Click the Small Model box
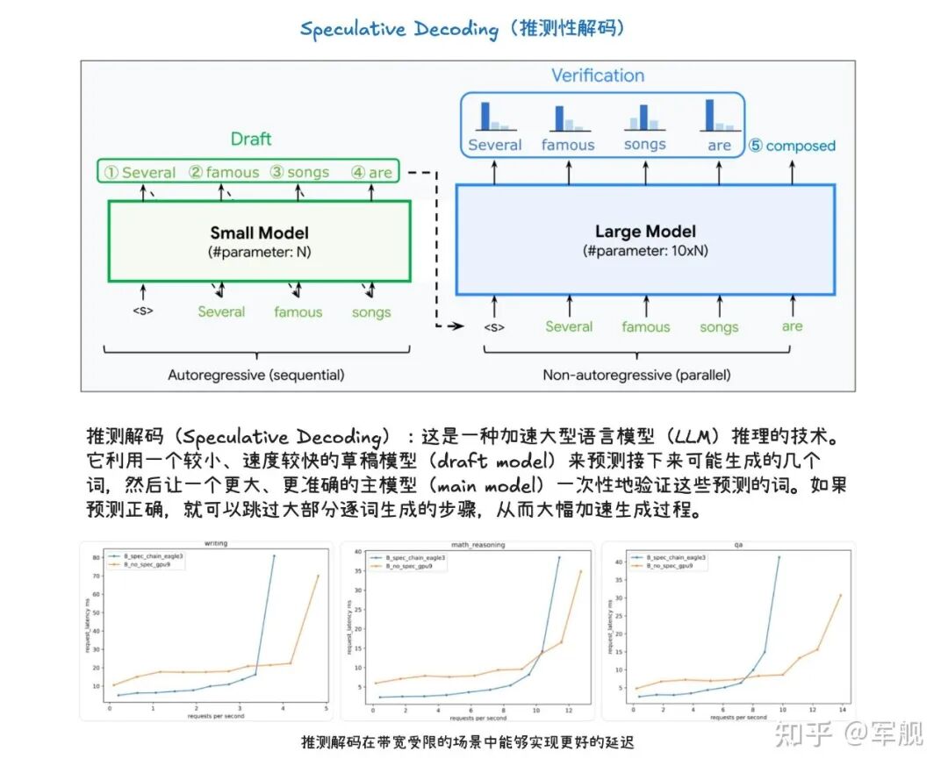[x=259, y=241]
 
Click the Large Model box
[x=645, y=240]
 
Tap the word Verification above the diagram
[x=598, y=75]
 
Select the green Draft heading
[x=251, y=139]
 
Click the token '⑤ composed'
[x=792, y=146]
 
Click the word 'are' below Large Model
[x=793, y=326]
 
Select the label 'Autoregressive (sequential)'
[x=256, y=375]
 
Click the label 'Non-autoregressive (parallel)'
[x=636, y=375]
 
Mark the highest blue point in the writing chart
[x=274, y=555]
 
